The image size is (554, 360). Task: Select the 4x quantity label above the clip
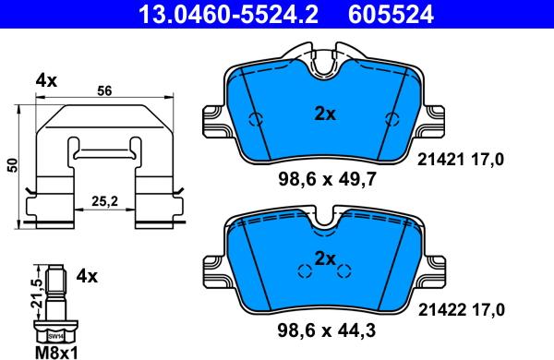(45, 80)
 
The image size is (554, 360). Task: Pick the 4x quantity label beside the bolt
(86, 275)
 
